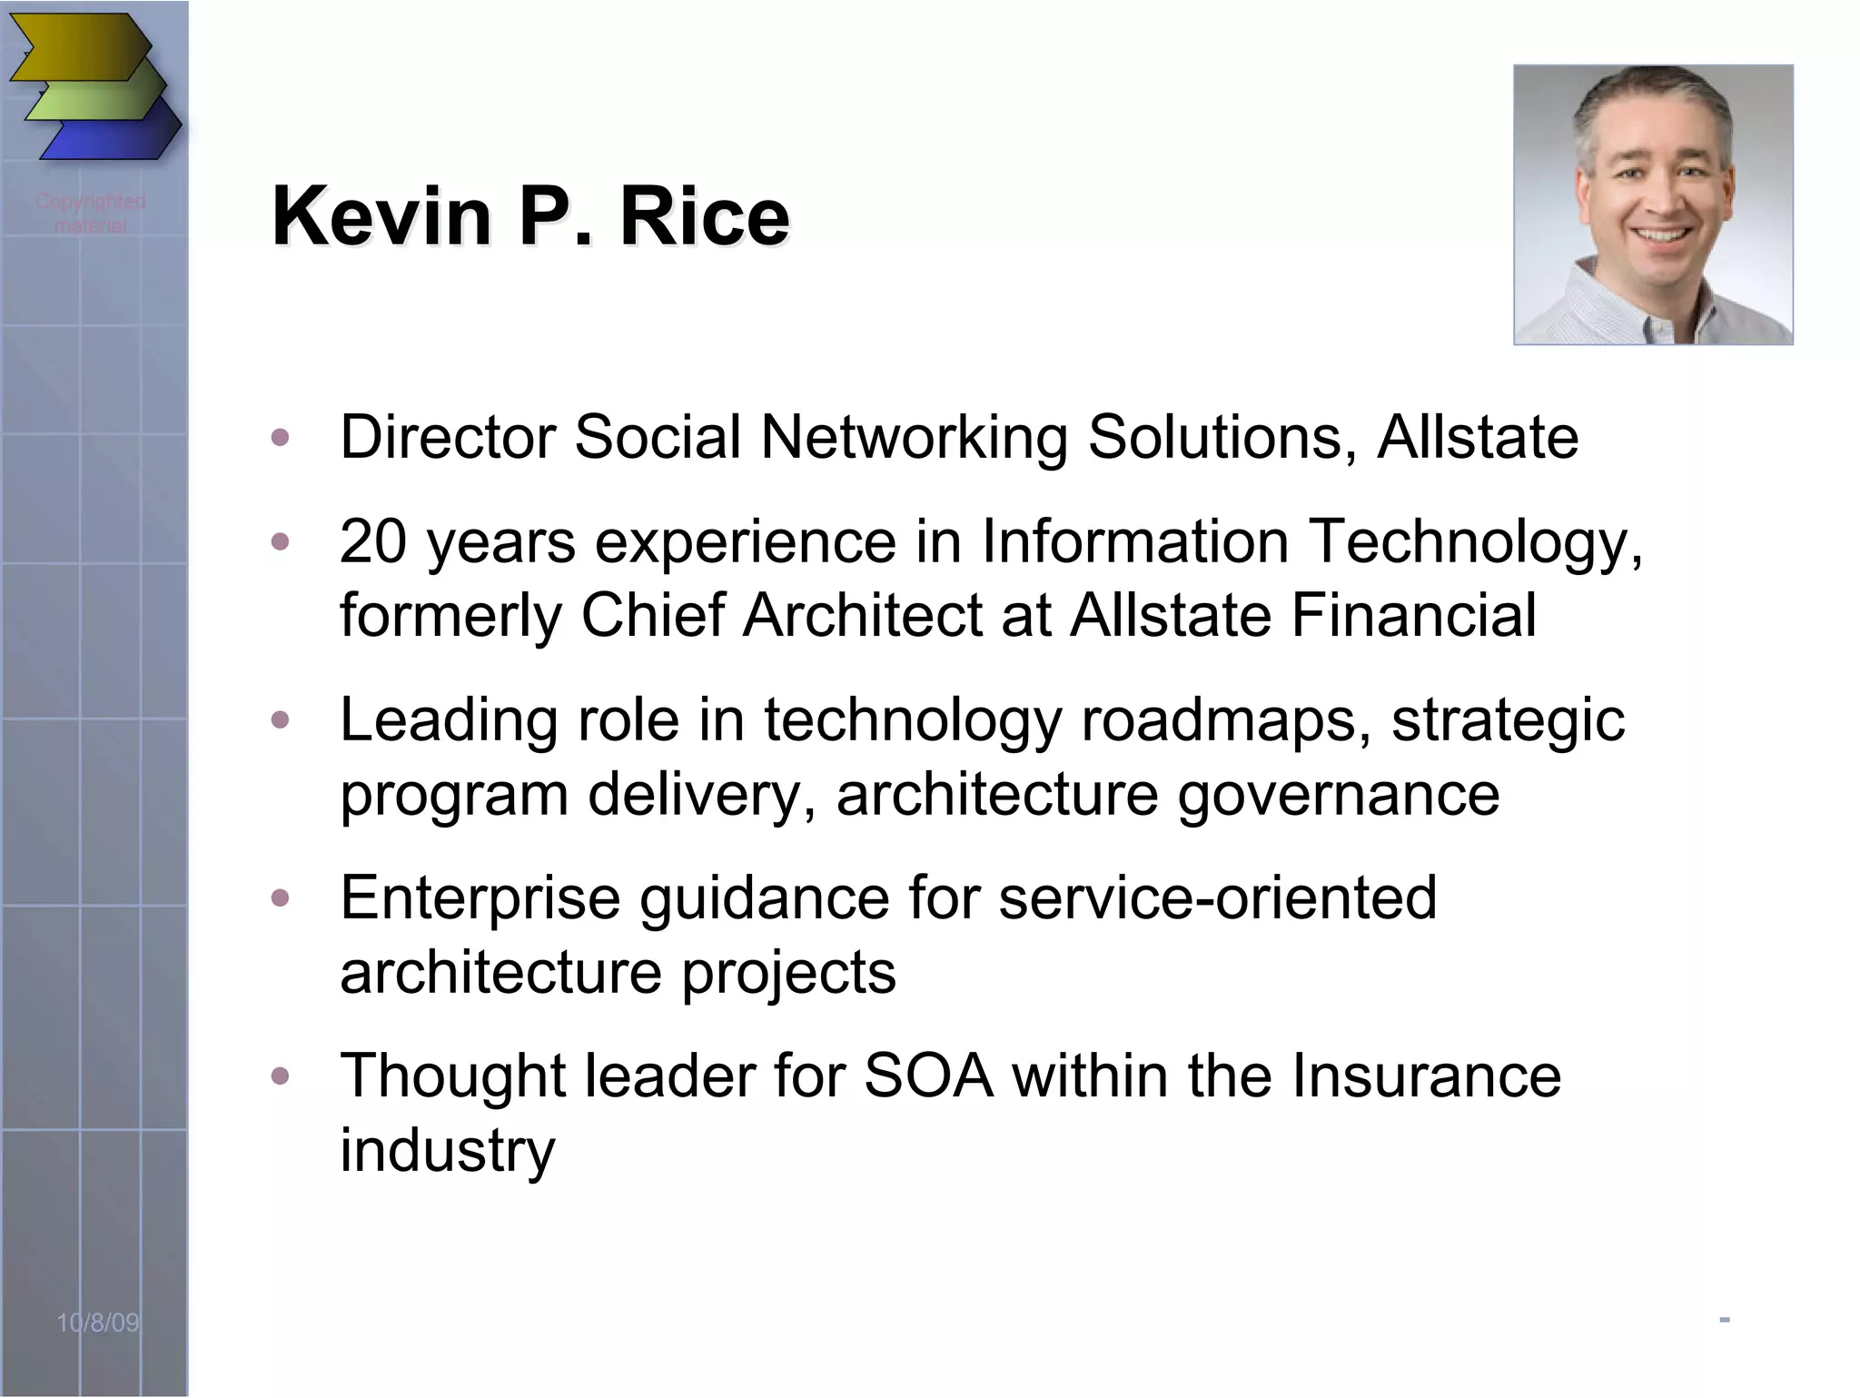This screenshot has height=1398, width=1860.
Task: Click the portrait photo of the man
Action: (x=1653, y=204)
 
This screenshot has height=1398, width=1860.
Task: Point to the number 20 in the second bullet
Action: (x=373, y=541)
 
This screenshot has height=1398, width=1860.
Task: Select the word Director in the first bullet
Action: (x=447, y=437)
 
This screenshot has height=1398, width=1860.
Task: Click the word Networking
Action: (x=913, y=439)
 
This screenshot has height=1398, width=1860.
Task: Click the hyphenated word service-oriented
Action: (x=1217, y=897)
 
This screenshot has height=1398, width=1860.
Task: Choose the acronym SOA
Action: (x=928, y=1076)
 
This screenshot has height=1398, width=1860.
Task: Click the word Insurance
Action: (x=1426, y=1076)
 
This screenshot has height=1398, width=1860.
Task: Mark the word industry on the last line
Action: (x=447, y=1151)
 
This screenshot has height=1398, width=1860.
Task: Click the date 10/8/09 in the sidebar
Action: (x=98, y=1323)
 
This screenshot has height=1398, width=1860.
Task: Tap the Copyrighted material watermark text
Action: (x=90, y=213)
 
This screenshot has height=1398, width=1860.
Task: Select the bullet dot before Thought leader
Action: (x=281, y=1076)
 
